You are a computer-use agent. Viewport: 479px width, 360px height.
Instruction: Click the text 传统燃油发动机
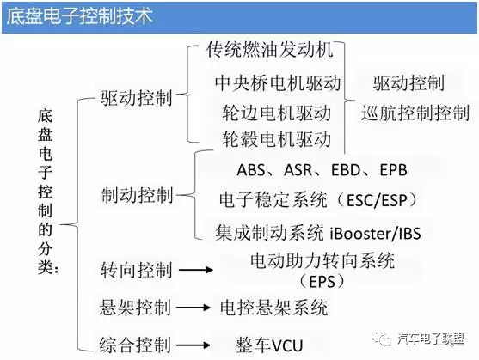[269, 51]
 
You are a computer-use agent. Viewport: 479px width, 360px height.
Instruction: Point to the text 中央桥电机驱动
[278, 83]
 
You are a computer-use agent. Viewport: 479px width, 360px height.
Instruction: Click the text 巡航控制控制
[415, 113]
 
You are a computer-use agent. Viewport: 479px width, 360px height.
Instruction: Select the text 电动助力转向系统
[322, 260]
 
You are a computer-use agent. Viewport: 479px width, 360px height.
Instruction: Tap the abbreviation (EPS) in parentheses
[322, 281]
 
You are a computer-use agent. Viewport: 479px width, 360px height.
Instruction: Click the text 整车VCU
[269, 341]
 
